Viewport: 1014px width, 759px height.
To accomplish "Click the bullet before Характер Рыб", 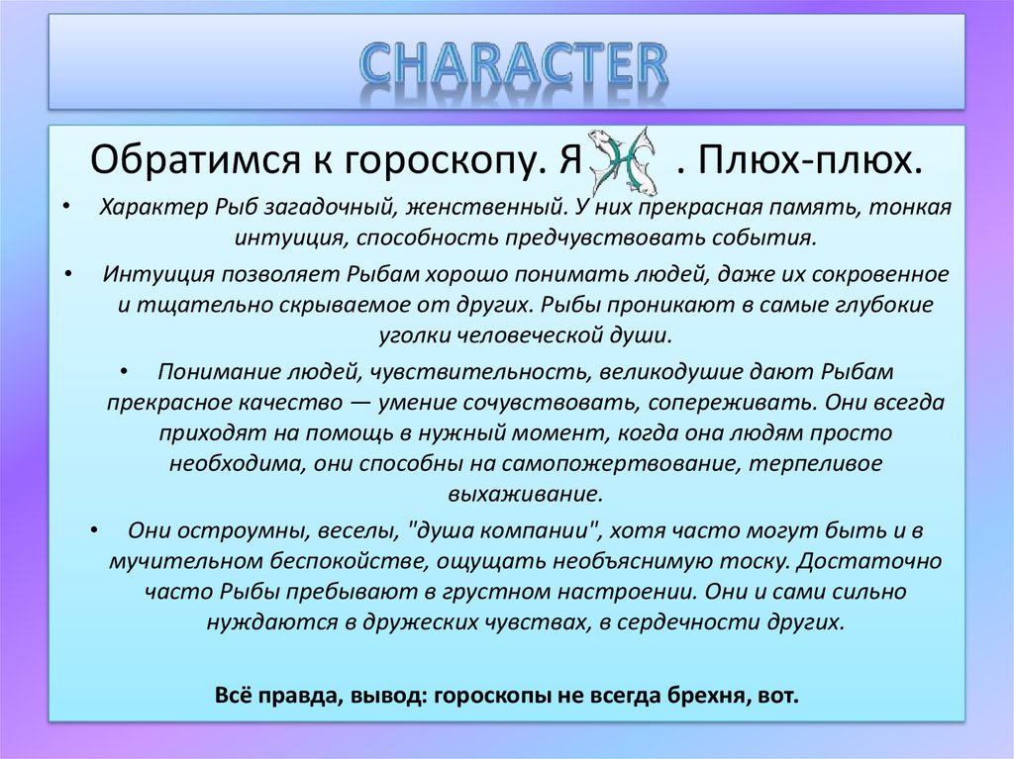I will point(64,209).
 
